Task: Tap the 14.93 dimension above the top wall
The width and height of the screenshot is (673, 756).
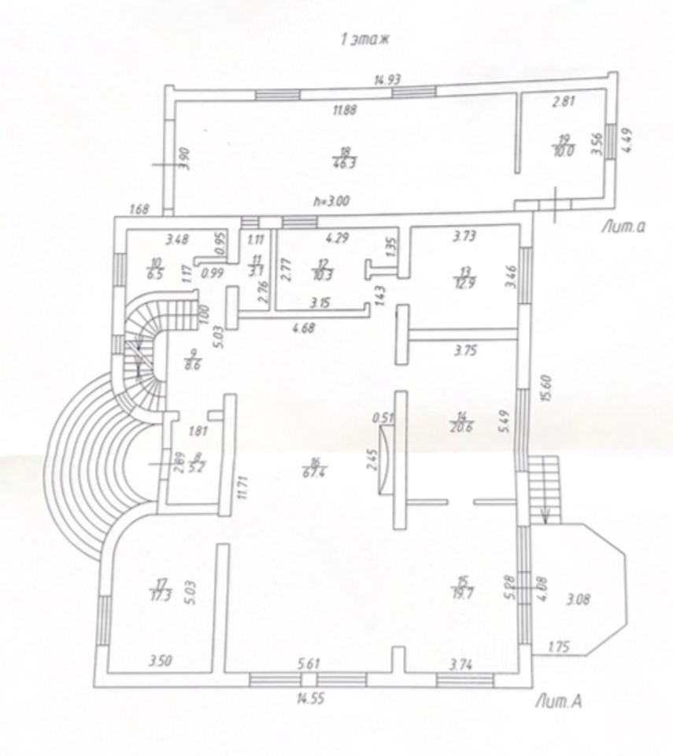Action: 387,79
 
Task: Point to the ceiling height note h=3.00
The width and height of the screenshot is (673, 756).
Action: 329,201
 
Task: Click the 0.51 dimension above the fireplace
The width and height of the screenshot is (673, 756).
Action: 385,418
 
